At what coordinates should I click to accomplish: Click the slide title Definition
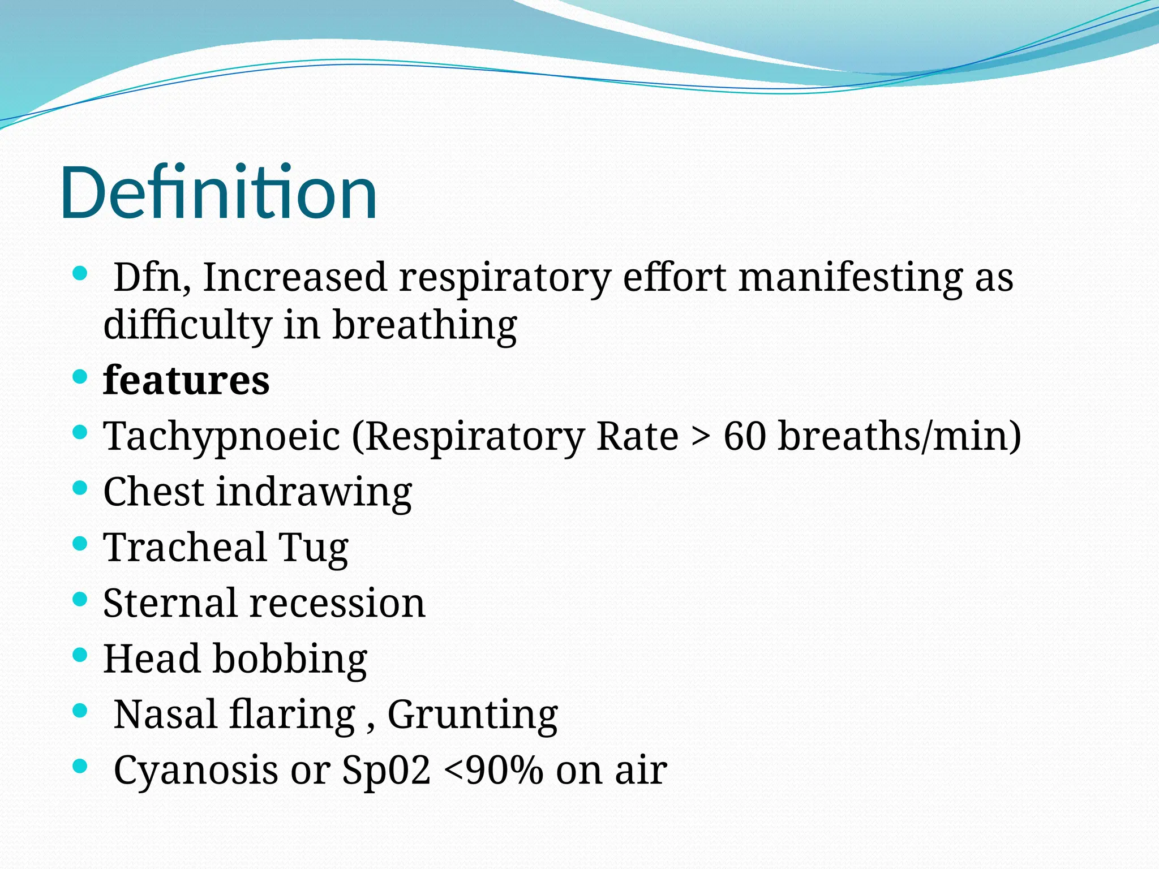218,192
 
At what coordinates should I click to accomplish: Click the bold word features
186,380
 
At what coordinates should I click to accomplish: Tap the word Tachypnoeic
222,436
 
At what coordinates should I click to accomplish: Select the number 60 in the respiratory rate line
744,436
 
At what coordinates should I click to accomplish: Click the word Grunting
473,715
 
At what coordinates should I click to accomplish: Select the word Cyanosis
196,771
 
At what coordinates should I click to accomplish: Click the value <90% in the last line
493,771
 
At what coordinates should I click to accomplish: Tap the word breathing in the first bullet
424,325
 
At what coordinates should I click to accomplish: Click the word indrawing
314,492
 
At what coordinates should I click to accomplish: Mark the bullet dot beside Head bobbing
80,655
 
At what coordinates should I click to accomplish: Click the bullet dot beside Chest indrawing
80,487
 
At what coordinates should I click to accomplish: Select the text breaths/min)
900,436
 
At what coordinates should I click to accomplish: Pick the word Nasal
166,715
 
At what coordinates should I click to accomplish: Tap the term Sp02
387,771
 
